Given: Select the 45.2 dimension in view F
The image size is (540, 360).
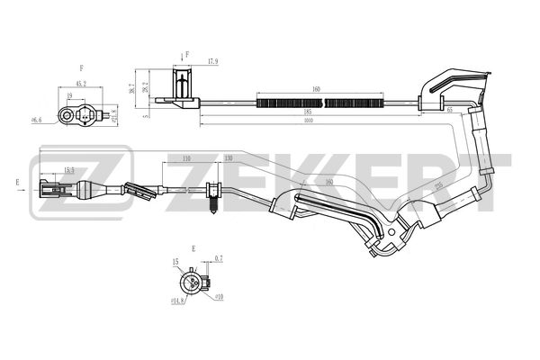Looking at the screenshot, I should pyautogui.click(x=81, y=84).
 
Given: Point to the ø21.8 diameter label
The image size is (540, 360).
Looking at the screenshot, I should pyautogui.click(x=113, y=115).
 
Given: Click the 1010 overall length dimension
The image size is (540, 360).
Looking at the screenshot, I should pyautogui.click(x=309, y=120).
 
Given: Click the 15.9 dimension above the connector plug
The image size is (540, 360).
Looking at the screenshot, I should pyautogui.click(x=68, y=169).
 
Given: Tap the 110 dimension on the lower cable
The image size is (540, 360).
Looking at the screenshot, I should pyautogui.click(x=185, y=158).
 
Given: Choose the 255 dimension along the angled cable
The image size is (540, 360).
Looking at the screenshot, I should pyautogui.click(x=438, y=188).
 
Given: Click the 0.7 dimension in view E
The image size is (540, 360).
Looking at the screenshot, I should pyautogui.click(x=219, y=259).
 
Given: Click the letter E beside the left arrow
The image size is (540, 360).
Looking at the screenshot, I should pyautogui.click(x=17, y=182).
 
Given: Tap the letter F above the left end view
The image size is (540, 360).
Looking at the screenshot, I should pyautogui.click(x=81, y=67).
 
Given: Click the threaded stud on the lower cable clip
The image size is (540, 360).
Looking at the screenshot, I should pyautogui.click(x=214, y=208).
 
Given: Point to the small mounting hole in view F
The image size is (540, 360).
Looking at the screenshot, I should pyautogui.click(x=66, y=114).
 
